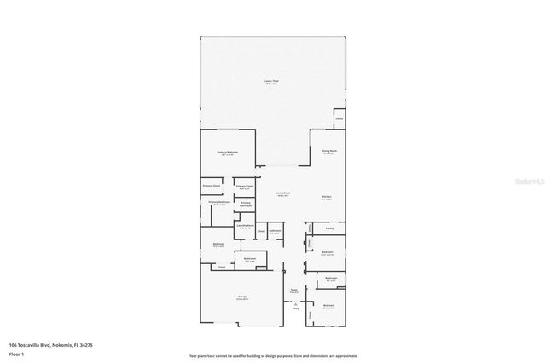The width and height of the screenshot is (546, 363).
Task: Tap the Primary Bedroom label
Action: coord(228,152)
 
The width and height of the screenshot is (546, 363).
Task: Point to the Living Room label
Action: coord(282,194)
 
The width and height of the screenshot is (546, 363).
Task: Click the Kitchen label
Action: coord(327,196)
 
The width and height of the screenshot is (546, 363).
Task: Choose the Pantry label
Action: coord(329,228)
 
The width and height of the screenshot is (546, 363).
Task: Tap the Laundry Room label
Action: coord(246,226)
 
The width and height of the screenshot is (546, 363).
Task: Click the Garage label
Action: coord(242,297)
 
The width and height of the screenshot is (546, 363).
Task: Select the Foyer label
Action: coord(293,290)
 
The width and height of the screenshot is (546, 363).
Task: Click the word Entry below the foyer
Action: coord(295,309)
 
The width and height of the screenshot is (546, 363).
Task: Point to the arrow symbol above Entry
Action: coord(295,303)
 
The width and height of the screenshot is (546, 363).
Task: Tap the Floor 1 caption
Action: coord(16,352)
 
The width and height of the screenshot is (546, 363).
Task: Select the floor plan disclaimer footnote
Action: coord(273,355)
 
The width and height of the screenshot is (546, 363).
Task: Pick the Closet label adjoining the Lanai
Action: coord(339,119)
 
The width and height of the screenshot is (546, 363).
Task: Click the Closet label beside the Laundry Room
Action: coord(261,231)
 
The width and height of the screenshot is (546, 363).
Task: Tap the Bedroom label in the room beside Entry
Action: coord(329,305)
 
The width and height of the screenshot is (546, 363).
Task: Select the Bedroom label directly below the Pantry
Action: coord(328,252)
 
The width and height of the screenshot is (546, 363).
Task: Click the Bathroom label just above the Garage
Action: coord(250,259)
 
